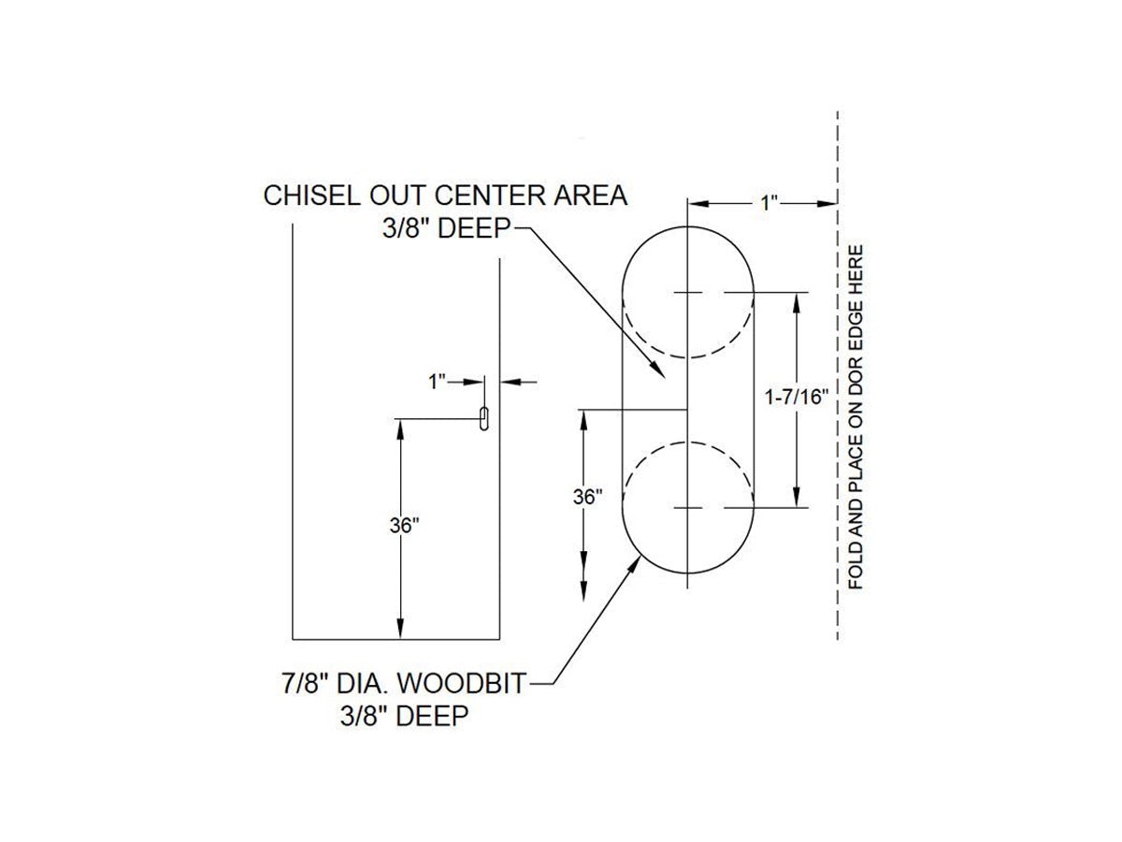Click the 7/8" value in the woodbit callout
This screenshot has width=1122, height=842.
(x=304, y=684)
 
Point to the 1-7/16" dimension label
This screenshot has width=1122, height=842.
(x=796, y=397)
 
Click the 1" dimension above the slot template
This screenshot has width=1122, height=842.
(x=769, y=203)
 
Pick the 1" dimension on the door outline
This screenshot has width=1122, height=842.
(x=437, y=382)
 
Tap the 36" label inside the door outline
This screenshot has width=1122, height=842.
(x=404, y=526)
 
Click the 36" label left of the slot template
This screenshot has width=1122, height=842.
(x=587, y=497)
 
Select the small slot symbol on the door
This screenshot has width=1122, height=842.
(x=483, y=419)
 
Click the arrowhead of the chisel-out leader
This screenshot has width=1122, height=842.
(x=658, y=370)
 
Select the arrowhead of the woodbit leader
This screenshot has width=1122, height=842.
(x=635, y=566)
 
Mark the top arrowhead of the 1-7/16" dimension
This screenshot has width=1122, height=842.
(x=796, y=302)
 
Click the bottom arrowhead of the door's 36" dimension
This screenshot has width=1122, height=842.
(x=400, y=629)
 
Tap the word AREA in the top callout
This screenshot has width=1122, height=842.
(x=590, y=196)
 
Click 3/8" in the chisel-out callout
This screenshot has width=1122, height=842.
(x=406, y=228)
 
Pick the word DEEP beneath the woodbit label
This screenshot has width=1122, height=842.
(x=433, y=716)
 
